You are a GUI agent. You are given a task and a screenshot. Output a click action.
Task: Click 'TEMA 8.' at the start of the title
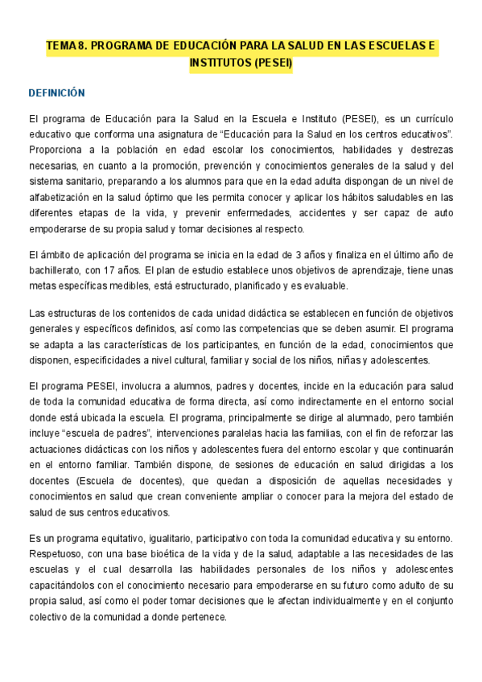point(66,47)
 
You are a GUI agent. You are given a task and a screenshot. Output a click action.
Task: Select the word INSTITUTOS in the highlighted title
point(220,63)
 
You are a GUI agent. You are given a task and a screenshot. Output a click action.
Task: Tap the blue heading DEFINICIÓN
point(56,93)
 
